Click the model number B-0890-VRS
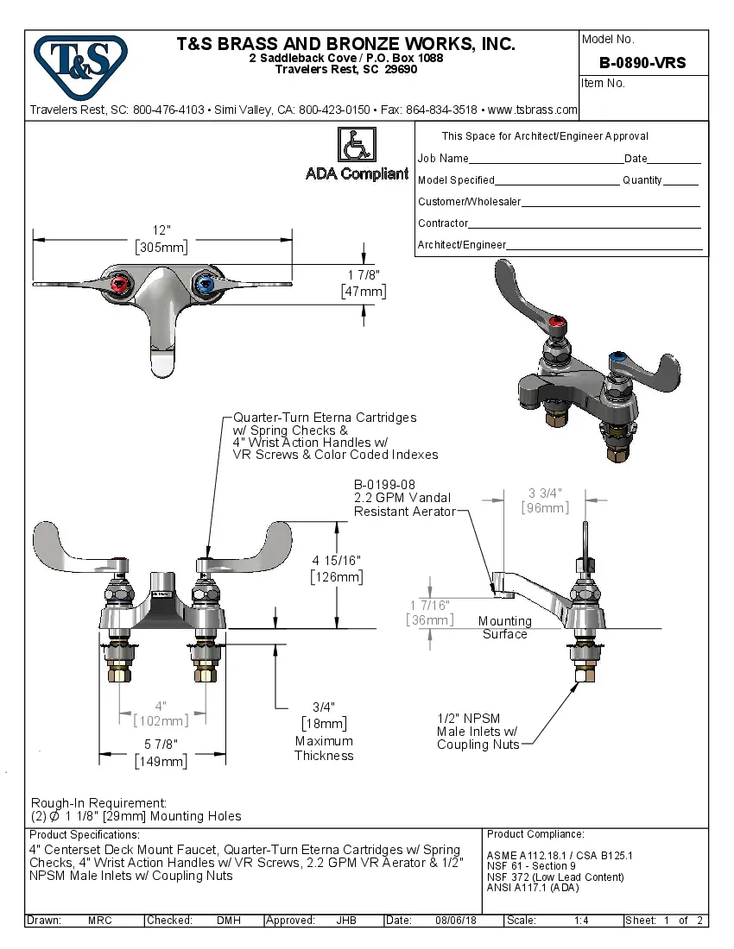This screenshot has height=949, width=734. click(x=642, y=62)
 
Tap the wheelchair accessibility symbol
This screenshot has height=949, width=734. click(x=355, y=145)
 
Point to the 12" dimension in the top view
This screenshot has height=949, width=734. click(x=162, y=230)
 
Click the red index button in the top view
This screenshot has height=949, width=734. click(x=119, y=284)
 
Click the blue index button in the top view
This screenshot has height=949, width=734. click(x=205, y=284)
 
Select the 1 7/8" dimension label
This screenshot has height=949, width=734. click(x=364, y=275)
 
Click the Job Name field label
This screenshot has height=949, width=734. click(x=443, y=159)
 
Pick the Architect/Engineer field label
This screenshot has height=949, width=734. click(x=462, y=245)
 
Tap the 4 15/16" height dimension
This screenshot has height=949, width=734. click(x=337, y=560)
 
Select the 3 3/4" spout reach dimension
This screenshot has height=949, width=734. click(x=546, y=493)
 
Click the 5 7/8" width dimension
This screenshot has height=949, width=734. click(x=161, y=745)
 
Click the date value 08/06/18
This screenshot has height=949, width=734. click(x=456, y=921)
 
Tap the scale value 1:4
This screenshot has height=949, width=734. click(x=581, y=921)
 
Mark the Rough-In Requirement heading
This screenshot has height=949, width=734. click(x=98, y=802)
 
